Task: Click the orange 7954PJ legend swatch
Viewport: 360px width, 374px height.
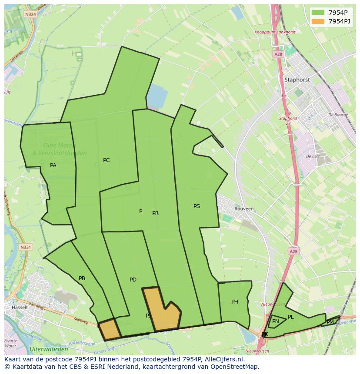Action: coord(318,21)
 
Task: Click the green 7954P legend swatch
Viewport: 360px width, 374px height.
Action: coord(318,13)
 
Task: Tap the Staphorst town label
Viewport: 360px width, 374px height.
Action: coord(297,79)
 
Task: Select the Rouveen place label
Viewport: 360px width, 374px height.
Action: coord(243,209)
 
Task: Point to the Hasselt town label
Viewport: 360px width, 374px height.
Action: coord(20,307)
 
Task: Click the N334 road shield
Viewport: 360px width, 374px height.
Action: coord(30,14)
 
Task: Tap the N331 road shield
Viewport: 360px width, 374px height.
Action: coord(26,247)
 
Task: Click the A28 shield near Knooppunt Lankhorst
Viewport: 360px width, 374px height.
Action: coord(278,54)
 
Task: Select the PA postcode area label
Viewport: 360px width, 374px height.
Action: coord(53,165)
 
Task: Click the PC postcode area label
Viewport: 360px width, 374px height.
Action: coord(106,160)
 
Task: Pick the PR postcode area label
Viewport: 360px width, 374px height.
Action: coord(155,213)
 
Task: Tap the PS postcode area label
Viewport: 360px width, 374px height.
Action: coord(197,206)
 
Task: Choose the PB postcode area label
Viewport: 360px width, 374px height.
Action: coord(82,278)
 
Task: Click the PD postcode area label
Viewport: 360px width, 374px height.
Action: coord(133,280)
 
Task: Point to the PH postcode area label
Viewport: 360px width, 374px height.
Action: coord(235,302)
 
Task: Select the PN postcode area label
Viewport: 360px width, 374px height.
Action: coord(275,321)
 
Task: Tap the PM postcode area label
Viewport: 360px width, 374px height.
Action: coord(330,322)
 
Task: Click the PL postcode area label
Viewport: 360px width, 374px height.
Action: coord(290,317)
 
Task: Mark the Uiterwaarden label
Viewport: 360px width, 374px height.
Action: coord(49,349)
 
